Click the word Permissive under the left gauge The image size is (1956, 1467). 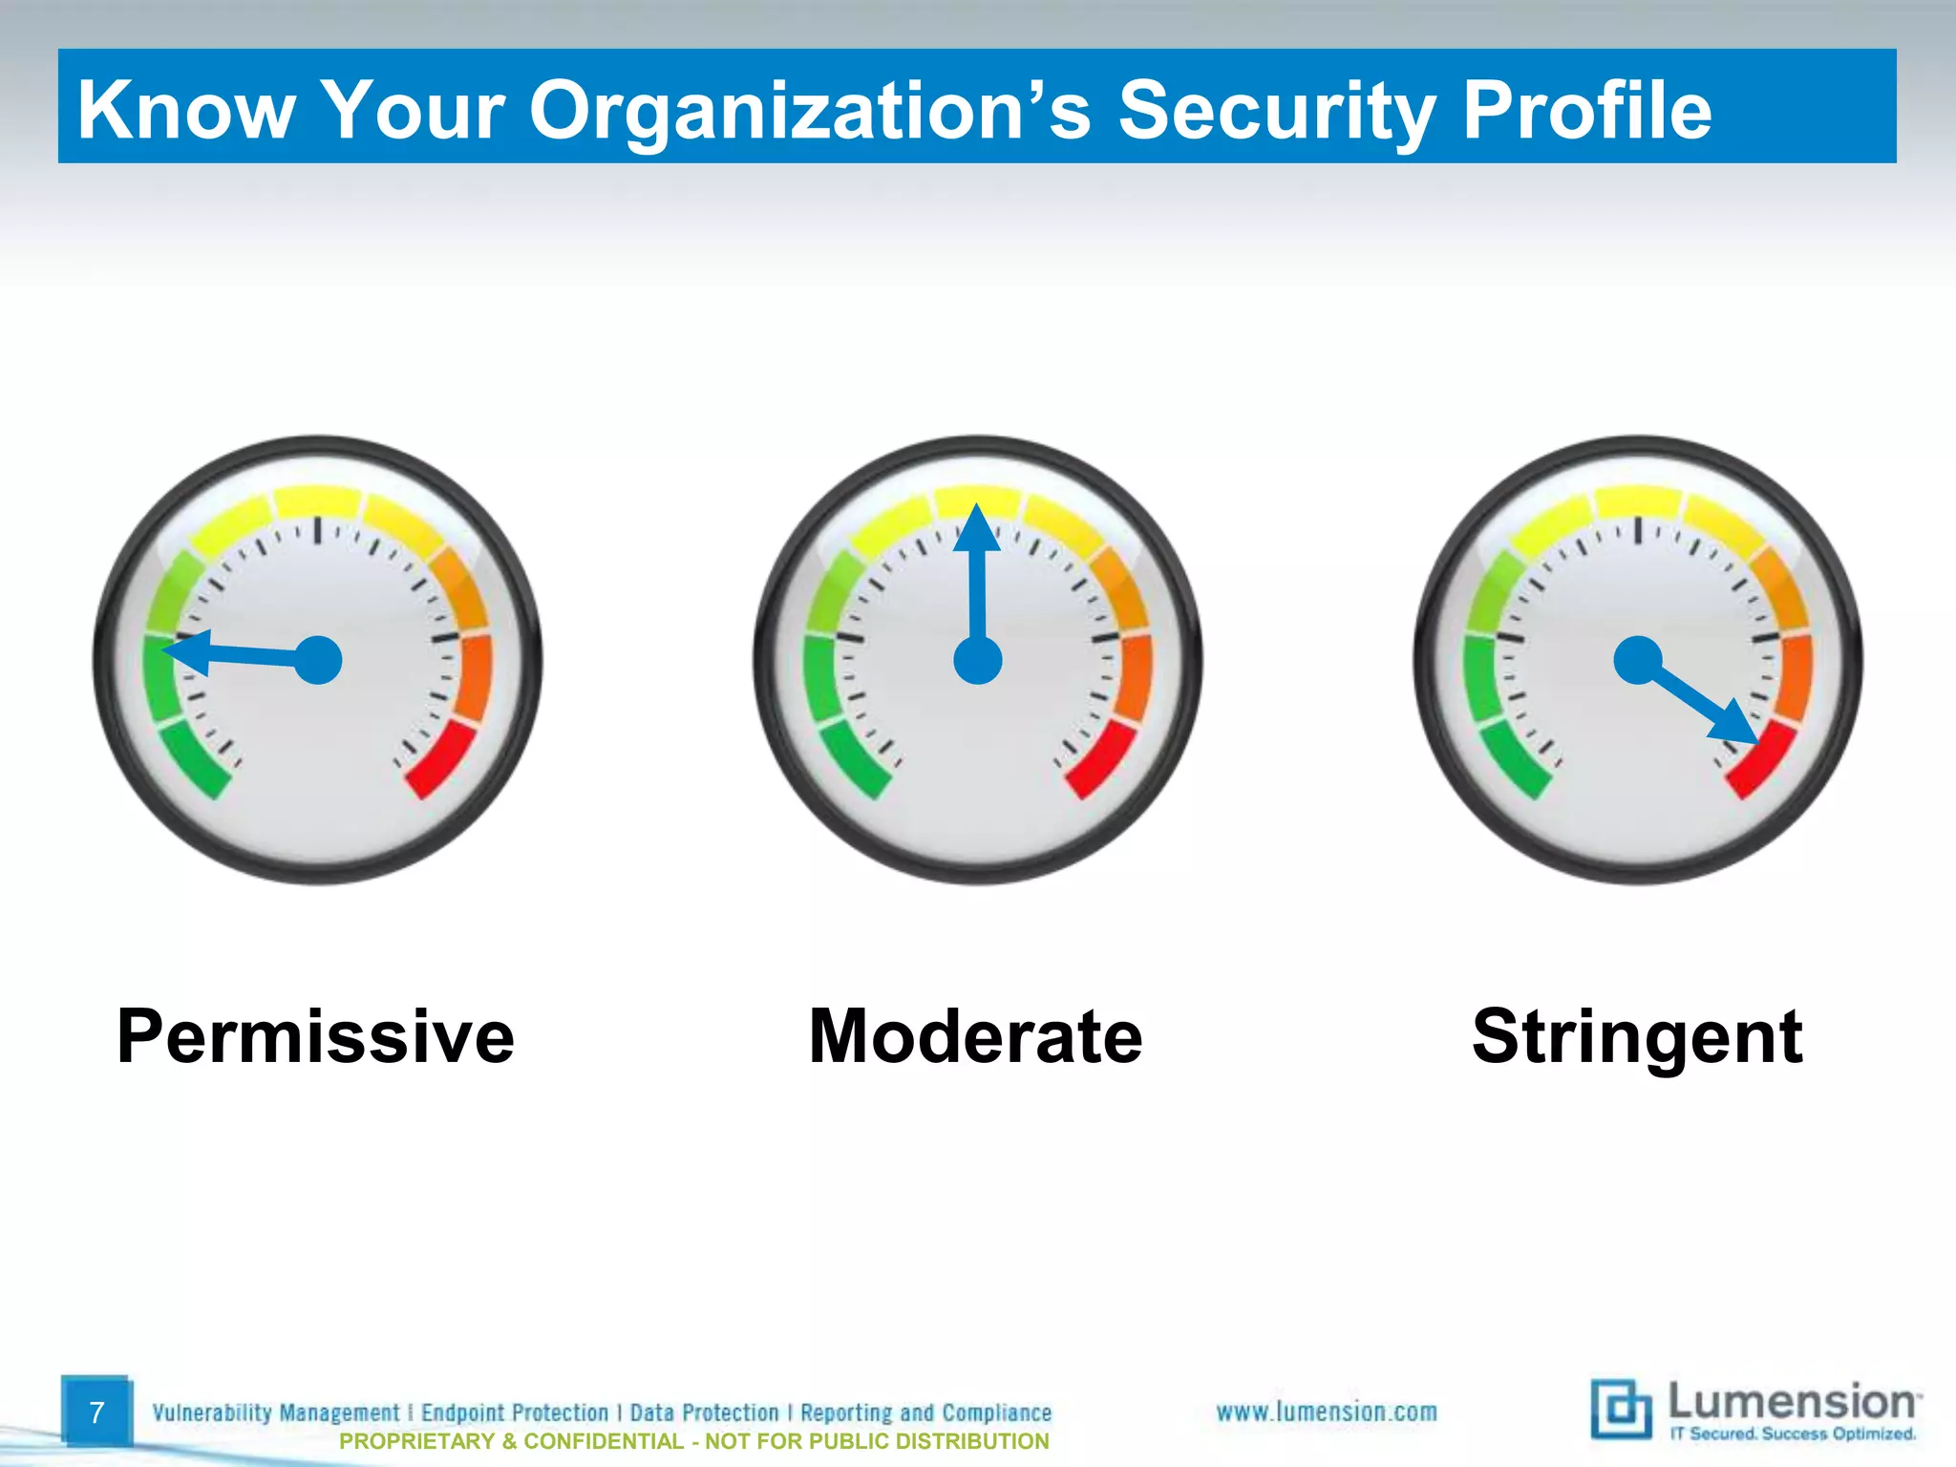click(315, 1037)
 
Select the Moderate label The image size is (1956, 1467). click(975, 1037)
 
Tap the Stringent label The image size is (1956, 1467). click(1637, 1037)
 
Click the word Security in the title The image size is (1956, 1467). click(1276, 110)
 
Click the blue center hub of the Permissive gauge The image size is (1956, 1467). click(318, 660)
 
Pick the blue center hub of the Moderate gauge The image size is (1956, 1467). click(978, 660)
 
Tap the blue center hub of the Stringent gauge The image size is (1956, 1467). click(1638, 660)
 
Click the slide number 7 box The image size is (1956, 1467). click(96, 1412)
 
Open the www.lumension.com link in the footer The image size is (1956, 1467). click(1326, 1412)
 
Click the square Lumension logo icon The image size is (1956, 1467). click(1621, 1409)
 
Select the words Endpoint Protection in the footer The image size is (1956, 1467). click(515, 1413)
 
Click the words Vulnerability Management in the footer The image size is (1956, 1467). click(276, 1413)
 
